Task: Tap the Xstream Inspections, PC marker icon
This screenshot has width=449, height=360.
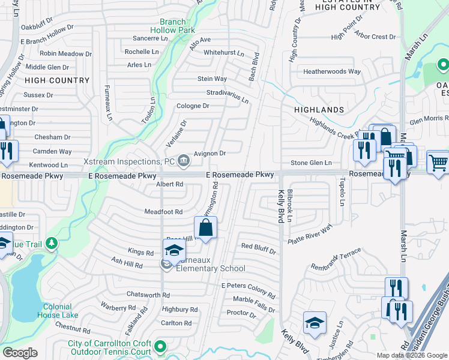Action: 183,160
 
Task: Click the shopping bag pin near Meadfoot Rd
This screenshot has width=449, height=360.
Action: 205,228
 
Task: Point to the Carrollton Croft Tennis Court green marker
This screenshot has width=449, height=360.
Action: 160,346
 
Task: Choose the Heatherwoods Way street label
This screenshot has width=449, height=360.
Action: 332,71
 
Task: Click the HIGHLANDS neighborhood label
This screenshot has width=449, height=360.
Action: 319,110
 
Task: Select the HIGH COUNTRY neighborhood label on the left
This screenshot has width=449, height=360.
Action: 57,80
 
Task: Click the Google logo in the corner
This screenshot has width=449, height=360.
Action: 20,353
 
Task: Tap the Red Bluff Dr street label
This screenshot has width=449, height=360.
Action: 258,247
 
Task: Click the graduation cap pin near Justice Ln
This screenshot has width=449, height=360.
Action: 315,323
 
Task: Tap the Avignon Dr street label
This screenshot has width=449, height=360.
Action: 209,154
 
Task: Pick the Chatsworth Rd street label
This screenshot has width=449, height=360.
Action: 148,295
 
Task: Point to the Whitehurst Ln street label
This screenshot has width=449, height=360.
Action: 224,53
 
